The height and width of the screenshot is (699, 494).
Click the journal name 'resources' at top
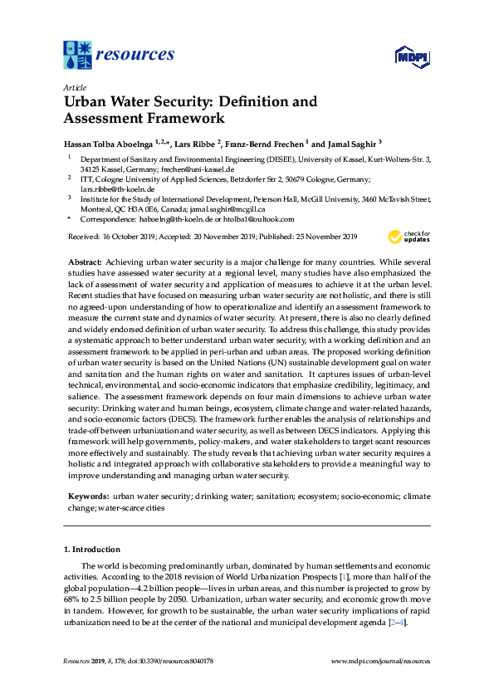pos(136,55)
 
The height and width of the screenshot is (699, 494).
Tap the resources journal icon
pos(78,55)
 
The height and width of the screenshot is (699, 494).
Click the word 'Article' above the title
pos(74,87)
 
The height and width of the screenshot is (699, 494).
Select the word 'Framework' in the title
pos(174,118)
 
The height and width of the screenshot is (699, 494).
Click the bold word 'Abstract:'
pos(85,262)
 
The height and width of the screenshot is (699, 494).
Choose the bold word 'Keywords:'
pos(87,496)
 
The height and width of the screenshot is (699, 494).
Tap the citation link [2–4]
pos(399,623)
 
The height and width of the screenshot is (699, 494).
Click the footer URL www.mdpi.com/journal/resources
pos(380,662)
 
